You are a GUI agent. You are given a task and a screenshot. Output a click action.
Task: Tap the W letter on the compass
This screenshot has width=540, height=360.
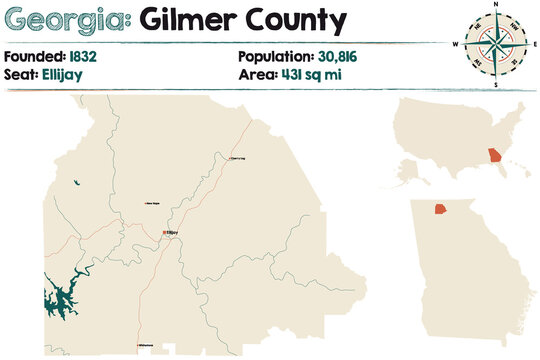(456, 45)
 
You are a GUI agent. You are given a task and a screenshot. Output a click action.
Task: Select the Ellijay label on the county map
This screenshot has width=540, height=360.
(172, 233)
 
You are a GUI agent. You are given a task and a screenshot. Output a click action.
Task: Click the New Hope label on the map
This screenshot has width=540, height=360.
(154, 204)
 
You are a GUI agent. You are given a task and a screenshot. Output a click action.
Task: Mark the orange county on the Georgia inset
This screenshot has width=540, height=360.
(440, 210)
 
